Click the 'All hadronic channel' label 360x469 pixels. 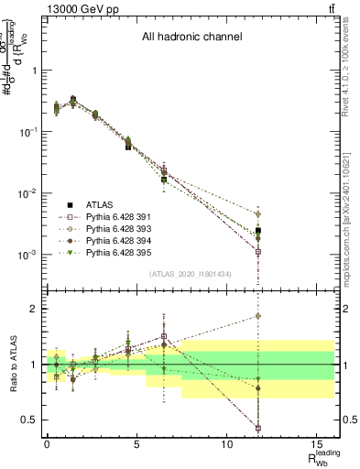click(x=191, y=38)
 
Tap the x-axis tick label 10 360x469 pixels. click(x=224, y=443)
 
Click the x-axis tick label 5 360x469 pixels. click(x=136, y=443)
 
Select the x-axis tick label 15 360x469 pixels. click(x=314, y=443)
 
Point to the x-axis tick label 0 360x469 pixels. click(x=47, y=443)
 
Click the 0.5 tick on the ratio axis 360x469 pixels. click(x=29, y=420)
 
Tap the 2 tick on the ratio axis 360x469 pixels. click(x=34, y=309)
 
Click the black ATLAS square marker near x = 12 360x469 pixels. click(x=259, y=231)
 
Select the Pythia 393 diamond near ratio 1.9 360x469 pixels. click(x=259, y=316)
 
